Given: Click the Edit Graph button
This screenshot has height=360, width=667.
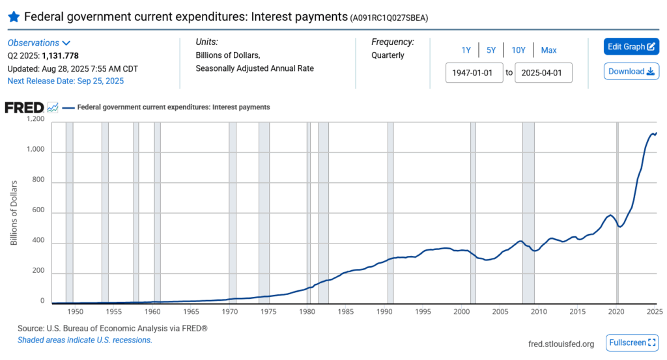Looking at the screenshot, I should (631, 47).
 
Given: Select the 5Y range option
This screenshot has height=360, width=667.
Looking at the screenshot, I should (492, 50).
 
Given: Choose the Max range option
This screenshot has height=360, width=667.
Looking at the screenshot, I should (548, 50).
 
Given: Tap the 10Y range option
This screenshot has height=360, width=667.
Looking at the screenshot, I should (518, 50).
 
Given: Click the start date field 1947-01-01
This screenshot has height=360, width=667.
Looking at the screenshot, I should (474, 72).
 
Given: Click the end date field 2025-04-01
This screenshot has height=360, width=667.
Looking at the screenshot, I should (543, 72).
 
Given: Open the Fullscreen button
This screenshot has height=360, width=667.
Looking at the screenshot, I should (632, 342).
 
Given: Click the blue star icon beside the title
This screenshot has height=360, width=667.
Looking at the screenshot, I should (14, 16).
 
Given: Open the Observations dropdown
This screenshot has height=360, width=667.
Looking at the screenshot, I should (38, 42).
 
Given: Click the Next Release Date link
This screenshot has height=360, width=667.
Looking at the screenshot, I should (65, 81).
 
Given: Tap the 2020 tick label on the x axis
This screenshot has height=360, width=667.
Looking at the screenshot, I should (616, 312).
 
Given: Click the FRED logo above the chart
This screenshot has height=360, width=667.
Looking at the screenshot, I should (25, 107).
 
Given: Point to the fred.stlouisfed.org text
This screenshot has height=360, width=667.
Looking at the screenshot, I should (561, 344).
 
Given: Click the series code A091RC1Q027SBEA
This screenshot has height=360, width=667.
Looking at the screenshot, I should (389, 18).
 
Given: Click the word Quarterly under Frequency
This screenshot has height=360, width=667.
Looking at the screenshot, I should (388, 55).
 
